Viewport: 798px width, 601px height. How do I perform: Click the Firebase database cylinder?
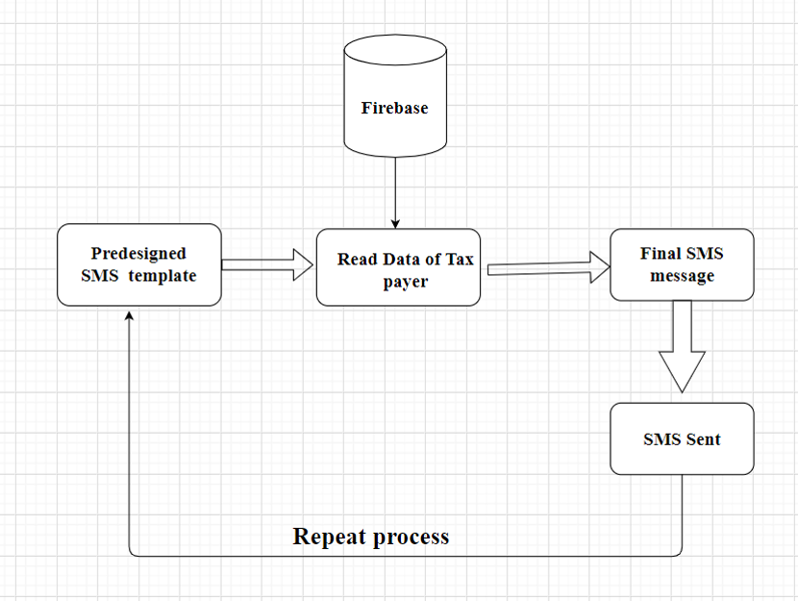[x=394, y=101]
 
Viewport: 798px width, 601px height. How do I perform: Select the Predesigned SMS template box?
[x=139, y=264]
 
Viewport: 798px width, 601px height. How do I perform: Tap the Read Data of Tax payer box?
[x=398, y=267]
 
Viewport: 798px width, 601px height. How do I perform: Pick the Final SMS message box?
[x=682, y=264]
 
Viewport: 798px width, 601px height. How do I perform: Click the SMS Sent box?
[x=682, y=438]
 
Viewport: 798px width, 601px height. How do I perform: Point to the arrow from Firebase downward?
[x=394, y=192]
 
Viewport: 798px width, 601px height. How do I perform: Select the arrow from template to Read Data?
[x=269, y=264]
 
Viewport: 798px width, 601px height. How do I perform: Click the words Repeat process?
[x=370, y=536]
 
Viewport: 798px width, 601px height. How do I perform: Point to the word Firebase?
[x=394, y=108]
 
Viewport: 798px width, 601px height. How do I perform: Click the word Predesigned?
[x=138, y=254]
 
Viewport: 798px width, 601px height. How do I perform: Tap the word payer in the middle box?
[x=405, y=281]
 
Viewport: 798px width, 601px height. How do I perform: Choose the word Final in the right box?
[x=661, y=254]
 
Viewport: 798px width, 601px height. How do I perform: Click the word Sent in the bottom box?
[x=703, y=439]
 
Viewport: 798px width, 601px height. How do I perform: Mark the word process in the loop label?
[x=411, y=537]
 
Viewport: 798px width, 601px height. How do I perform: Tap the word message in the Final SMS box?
[x=682, y=276]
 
